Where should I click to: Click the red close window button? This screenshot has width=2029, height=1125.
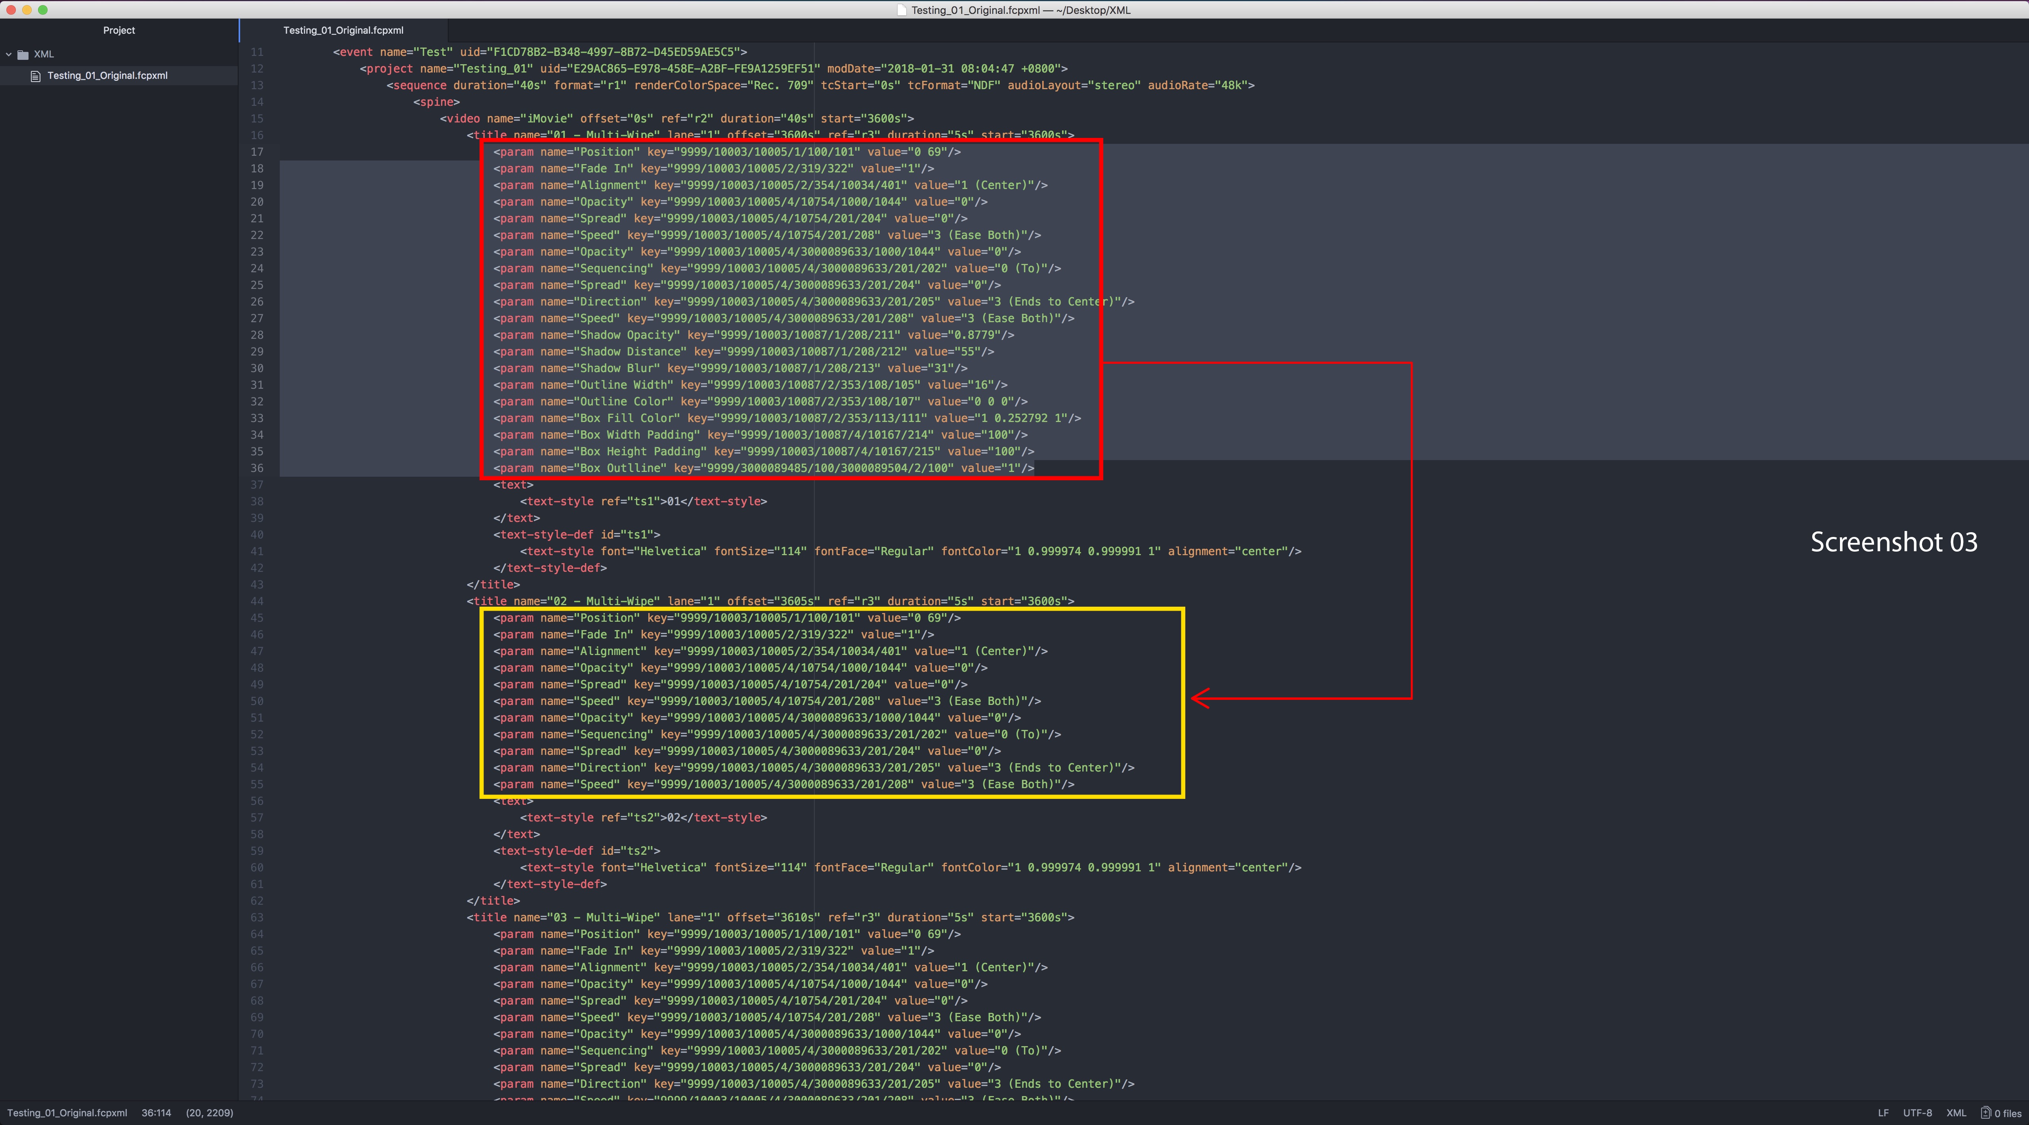point(11,10)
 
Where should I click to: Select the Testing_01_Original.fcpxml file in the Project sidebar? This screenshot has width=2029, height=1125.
point(107,76)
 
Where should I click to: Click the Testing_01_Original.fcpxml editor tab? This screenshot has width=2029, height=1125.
point(344,30)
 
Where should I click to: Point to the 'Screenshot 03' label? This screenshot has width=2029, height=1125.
point(1893,542)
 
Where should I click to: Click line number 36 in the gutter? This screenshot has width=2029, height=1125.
point(257,468)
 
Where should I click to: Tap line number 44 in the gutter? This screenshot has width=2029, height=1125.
point(257,601)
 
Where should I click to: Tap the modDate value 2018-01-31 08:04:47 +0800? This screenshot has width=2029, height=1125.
point(974,69)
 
